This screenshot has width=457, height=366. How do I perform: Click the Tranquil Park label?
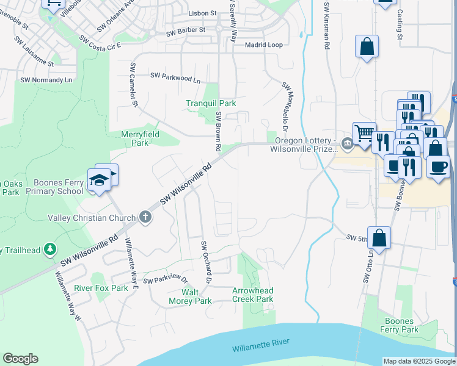point(211,104)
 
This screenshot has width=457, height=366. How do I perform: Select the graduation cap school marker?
point(99,180)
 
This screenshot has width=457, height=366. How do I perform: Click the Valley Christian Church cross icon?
point(145,217)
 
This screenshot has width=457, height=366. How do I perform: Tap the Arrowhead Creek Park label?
point(252,295)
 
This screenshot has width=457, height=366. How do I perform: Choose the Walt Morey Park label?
point(191,296)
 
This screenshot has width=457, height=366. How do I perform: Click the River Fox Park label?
point(101,288)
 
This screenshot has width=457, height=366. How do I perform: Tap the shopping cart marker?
point(364,132)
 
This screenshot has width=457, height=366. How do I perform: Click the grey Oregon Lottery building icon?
point(347,144)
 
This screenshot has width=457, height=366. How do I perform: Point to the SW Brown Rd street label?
point(218,131)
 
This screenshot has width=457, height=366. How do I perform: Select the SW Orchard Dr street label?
point(205,262)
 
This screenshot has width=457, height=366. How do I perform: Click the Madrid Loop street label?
point(263,45)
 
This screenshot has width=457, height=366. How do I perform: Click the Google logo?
point(20,359)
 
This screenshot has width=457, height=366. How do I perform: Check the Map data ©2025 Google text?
point(419,361)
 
